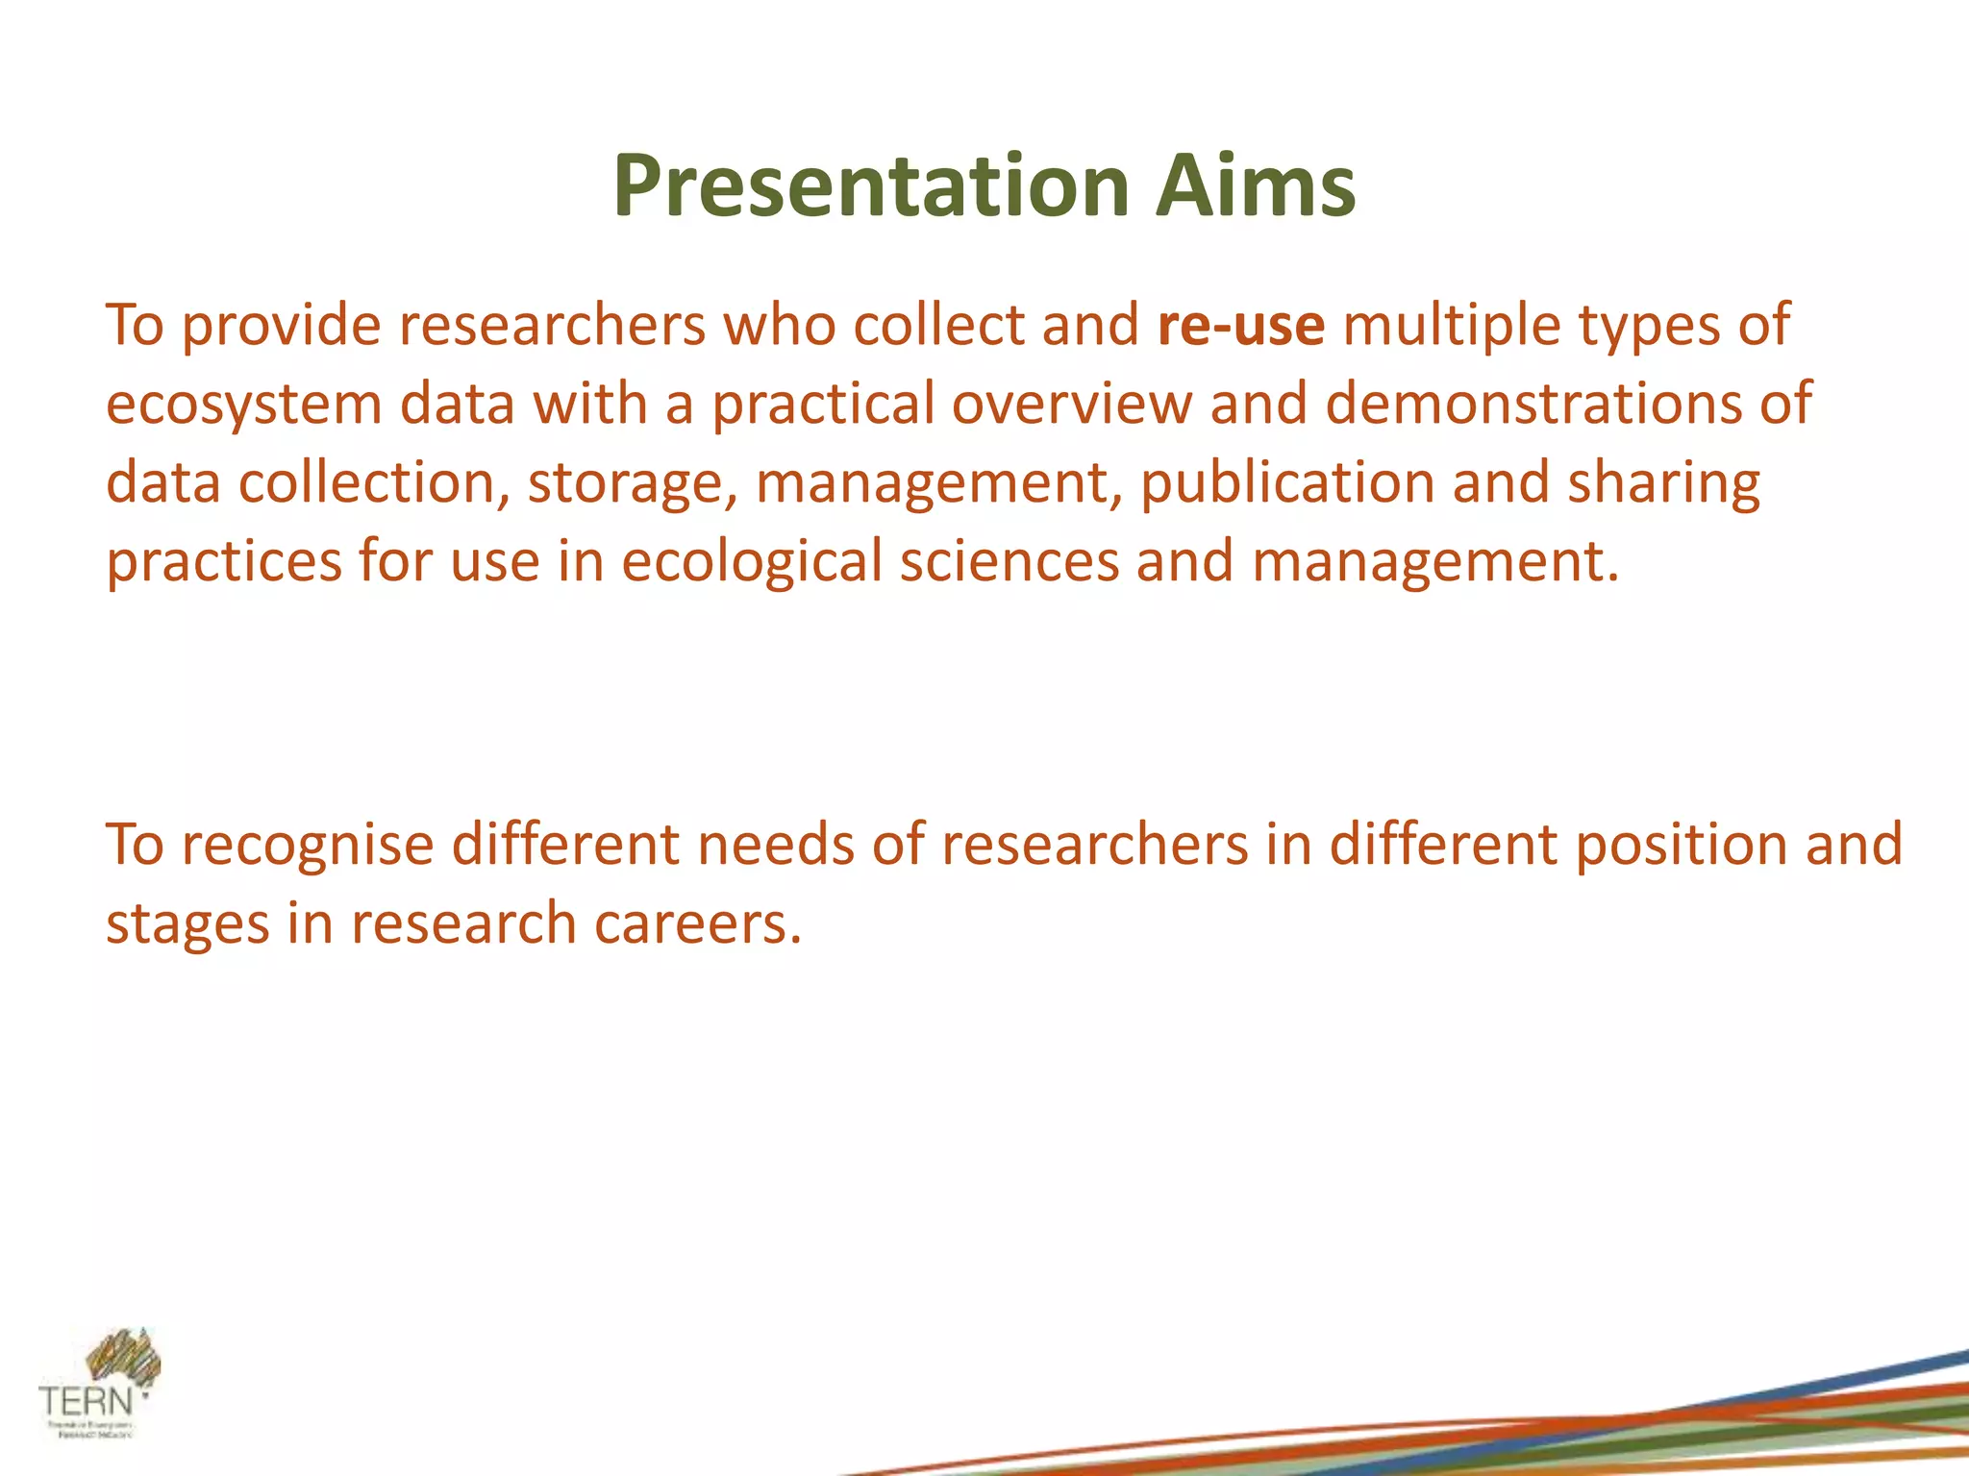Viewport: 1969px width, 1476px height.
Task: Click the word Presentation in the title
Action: tap(870, 187)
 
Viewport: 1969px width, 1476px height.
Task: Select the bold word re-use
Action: tap(1241, 325)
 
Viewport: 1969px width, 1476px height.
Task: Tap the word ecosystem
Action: tap(243, 405)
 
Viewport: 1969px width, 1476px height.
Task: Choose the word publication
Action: tap(1287, 483)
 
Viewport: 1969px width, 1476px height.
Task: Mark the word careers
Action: tap(697, 925)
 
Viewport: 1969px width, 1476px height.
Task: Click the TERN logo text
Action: tap(87, 1400)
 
